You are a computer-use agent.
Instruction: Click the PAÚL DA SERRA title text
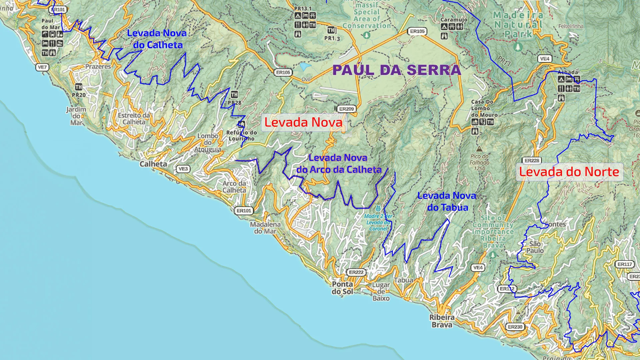pos(397,70)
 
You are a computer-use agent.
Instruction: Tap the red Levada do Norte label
pos(569,172)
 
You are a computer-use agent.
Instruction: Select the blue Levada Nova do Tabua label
pos(447,201)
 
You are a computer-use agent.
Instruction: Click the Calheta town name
pos(153,164)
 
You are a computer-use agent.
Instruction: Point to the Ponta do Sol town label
pos(342,288)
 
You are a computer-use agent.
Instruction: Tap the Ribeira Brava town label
pos(442,321)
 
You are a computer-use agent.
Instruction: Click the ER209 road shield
pos(346,109)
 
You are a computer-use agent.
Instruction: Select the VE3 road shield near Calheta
pos(183,169)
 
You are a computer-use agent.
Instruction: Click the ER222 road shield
pos(356,272)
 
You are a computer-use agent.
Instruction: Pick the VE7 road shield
pos(42,67)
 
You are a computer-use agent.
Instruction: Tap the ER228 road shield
pos(532,161)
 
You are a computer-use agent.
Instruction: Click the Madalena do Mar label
pos(265,228)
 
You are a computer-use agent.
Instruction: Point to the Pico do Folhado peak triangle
pos(479,149)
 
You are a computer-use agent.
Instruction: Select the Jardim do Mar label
pos(76,116)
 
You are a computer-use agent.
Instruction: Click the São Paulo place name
pos(535,247)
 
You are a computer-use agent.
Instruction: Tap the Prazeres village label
pos(98,67)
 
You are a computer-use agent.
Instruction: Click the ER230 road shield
pos(515,327)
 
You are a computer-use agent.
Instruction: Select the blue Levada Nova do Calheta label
pos(157,39)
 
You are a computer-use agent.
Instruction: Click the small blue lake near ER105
pos(305,67)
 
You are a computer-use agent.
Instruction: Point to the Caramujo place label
pos(454,20)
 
